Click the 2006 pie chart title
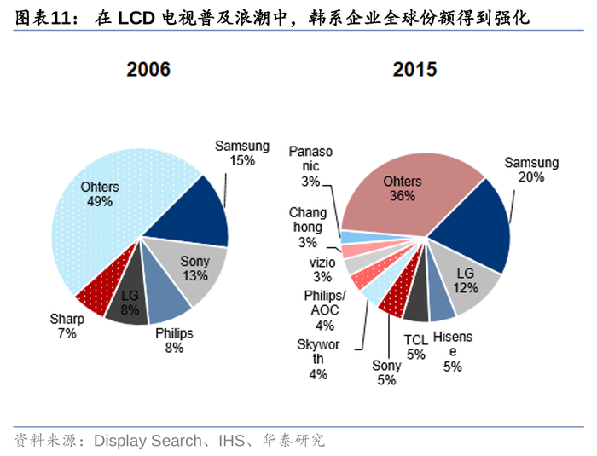[x=148, y=70]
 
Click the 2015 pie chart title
[x=415, y=70]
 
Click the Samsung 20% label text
[x=530, y=170]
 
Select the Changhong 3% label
[x=308, y=227]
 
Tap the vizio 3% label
[x=322, y=269]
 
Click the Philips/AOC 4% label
[x=325, y=309]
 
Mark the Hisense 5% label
[x=453, y=350]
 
